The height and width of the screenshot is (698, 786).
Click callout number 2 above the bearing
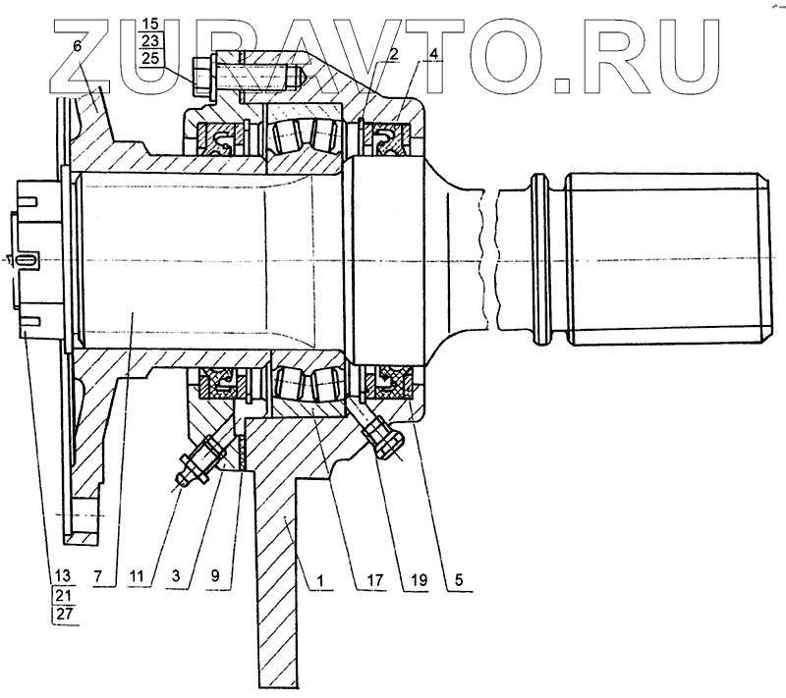[392, 55]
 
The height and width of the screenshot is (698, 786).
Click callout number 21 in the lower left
[63, 595]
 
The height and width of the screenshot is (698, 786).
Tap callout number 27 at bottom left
[63, 616]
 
